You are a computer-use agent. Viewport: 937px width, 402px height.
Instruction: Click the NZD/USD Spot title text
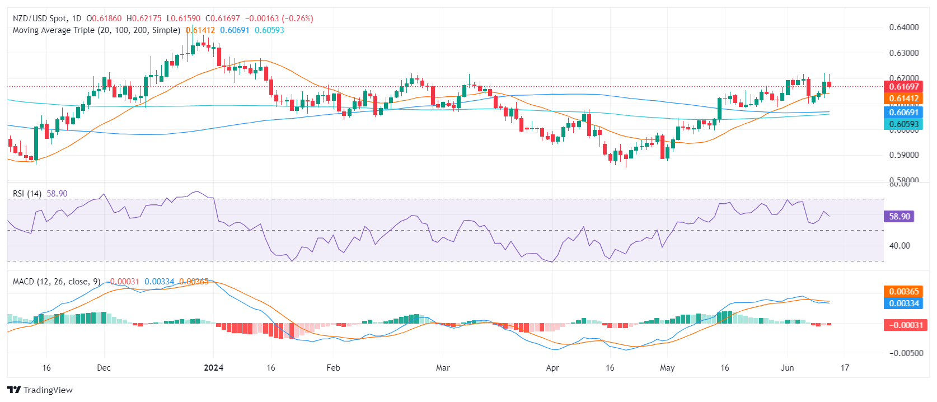coord(39,18)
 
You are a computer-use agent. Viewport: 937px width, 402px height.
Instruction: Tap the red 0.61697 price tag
coord(903,87)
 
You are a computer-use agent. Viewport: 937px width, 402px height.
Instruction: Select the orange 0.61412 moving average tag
coord(903,99)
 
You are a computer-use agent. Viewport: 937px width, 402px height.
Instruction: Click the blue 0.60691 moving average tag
coord(903,113)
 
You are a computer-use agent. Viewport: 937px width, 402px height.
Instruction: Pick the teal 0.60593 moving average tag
coord(903,124)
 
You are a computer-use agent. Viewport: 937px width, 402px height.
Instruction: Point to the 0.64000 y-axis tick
coord(903,27)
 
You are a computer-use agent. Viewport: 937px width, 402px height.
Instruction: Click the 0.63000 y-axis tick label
coord(903,53)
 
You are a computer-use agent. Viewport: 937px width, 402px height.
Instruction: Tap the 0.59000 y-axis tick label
coord(903,155)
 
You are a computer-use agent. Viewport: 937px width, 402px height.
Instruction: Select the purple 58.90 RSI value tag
coord(899,217)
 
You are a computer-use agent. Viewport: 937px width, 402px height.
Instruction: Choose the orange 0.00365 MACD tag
coord(903,292)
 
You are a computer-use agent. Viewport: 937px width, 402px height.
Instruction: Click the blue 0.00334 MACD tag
coord(903,303)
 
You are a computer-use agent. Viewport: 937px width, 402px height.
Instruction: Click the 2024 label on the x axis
coord(213,368)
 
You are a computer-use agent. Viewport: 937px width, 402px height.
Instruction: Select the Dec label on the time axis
coord(104,368)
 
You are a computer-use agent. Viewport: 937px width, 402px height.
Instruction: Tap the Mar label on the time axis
coord(443,368)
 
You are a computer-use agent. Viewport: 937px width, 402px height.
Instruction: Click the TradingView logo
coord(40,390)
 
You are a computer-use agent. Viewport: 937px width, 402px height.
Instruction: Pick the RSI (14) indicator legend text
coord(27,194)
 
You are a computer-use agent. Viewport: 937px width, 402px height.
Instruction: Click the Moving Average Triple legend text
coord(96,30)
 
